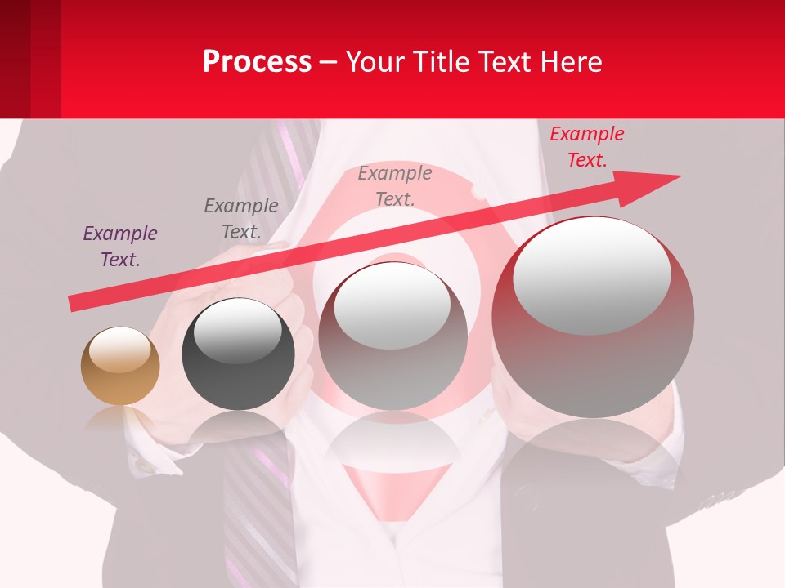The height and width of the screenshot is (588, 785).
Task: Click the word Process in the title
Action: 257,62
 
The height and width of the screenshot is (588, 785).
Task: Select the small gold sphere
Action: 120,367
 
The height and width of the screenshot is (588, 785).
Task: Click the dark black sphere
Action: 238,354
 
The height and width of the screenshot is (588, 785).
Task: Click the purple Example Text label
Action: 119,247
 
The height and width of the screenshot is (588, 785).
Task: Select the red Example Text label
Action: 586,147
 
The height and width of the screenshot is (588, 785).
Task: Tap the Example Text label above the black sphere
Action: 240,219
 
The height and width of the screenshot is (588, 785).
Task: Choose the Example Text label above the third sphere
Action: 394,185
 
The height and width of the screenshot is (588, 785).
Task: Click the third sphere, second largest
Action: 393,336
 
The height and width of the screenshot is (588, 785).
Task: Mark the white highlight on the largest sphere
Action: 591,276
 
